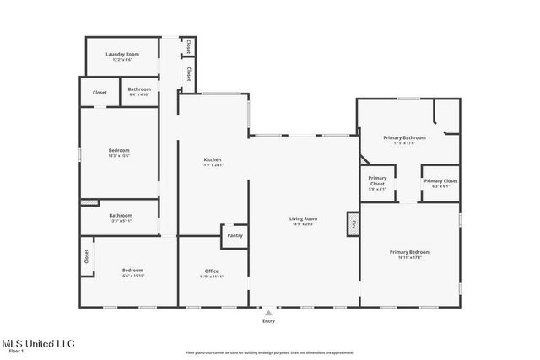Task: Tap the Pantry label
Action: coord(235,235)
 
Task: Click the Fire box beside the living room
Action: coord(353,225)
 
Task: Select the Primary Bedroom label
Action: coord(409,252)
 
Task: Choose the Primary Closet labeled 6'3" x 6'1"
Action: coord(440,181)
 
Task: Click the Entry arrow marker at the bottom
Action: coord(268,312)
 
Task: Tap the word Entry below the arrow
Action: coord(268,320)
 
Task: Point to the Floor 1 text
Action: coord(16,352)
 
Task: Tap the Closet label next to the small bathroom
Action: coord(100,92)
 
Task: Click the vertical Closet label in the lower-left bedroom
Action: coord(86,256)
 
